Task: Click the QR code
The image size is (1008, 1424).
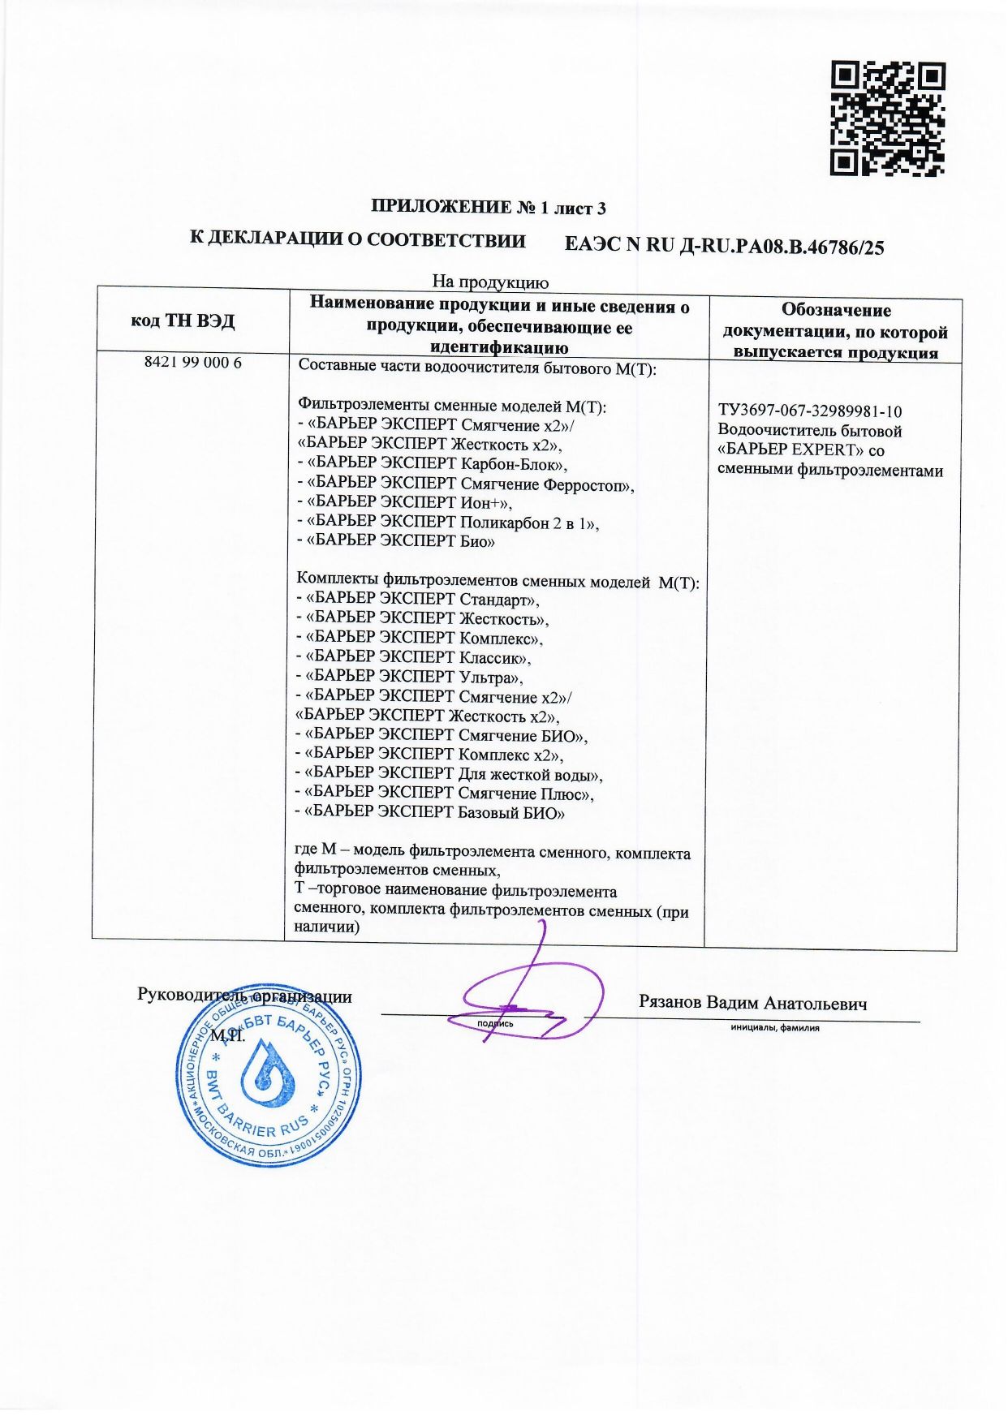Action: (887, 118)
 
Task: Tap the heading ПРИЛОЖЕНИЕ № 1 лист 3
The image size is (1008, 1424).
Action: (489, 207)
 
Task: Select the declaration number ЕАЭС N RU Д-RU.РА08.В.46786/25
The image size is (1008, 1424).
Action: (723, 246)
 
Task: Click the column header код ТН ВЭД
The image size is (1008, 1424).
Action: (183, 321)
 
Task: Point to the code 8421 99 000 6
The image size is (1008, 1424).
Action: (193, 363)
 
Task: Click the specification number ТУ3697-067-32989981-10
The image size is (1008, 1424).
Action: (810, 411)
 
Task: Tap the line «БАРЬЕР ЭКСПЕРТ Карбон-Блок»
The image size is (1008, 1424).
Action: (433, 464)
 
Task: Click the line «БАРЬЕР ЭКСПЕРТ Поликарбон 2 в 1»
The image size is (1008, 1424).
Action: (449, 523)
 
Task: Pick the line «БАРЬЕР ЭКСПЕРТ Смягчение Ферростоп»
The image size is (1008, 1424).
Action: (466, 484)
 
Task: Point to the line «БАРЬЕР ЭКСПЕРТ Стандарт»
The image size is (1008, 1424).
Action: (418, 600)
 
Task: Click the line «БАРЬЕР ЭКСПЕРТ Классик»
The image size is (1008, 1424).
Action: (414, 658)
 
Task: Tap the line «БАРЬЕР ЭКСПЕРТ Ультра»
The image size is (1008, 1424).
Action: (410, 678)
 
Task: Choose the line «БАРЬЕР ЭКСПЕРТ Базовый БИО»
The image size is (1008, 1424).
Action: (430, 813)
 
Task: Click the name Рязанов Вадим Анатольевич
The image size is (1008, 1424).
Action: (752, 1003)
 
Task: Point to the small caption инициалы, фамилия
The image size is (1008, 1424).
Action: (774, 1028)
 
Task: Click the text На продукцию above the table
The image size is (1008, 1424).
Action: (490, 282)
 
